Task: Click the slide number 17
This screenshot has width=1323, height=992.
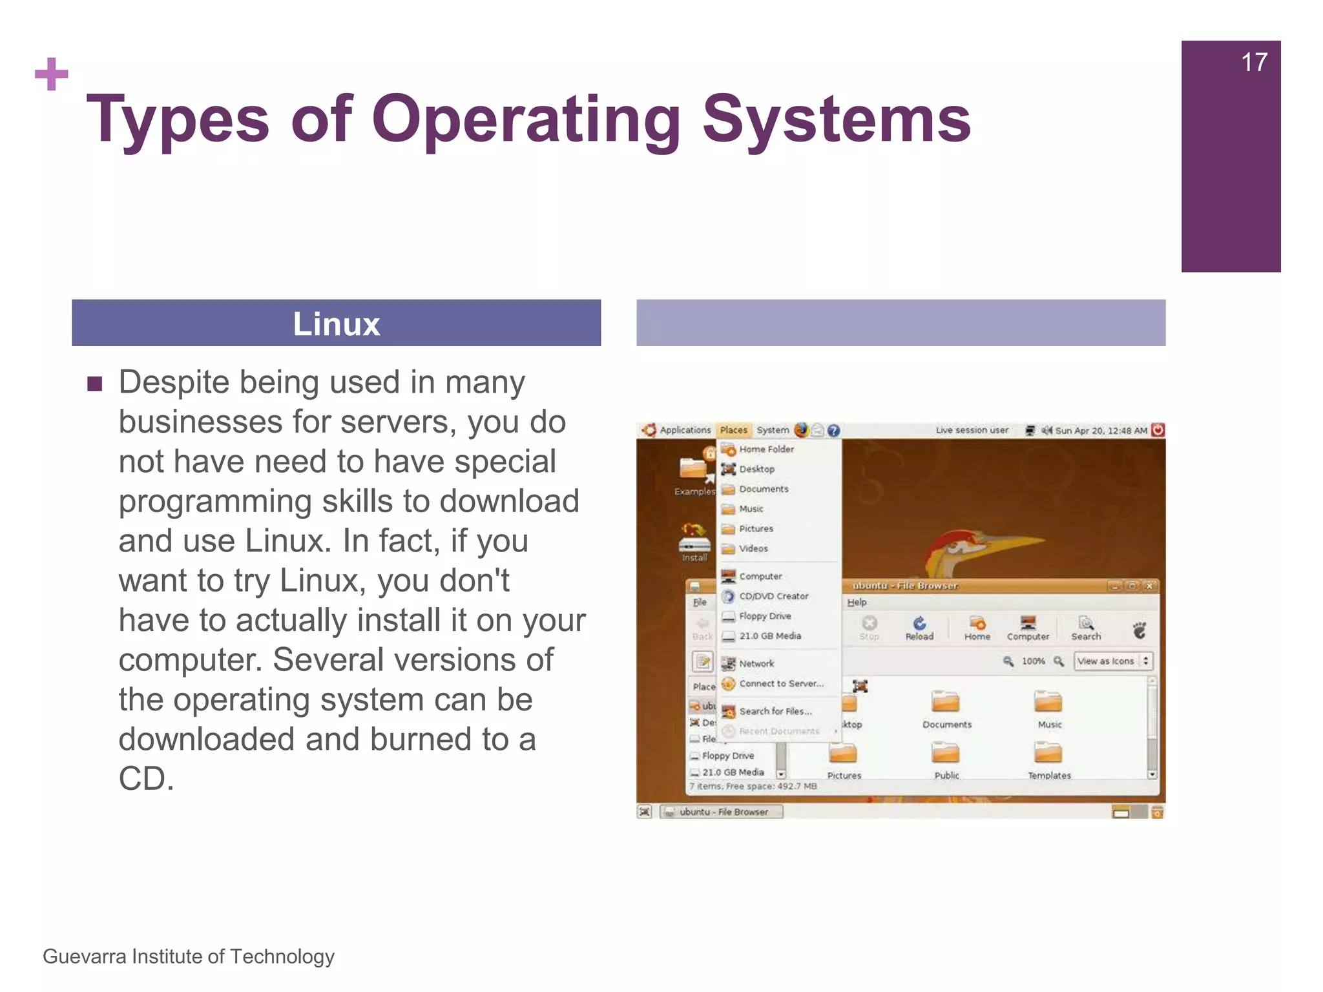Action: coord(1254,63)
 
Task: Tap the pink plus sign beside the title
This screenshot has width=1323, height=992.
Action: coord(52,74)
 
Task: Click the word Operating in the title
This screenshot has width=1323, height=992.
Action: coord(526,119)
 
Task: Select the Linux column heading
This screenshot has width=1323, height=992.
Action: coord(336,324)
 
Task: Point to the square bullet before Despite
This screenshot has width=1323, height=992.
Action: coord(95,384)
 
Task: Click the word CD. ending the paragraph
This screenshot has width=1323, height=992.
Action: coord(147,779)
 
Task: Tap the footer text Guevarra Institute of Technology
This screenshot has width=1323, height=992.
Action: coord(189,956)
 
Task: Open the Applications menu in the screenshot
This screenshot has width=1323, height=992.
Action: coord(684,430)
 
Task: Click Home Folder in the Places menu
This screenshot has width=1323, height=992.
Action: coord(766,449)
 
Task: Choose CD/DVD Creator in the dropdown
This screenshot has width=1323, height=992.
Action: coord(773,596)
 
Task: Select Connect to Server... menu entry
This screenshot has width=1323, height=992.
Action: coord(781,683)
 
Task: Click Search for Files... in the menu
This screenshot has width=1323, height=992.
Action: coord(775,711)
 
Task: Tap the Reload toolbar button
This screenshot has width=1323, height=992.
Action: coord(919,627)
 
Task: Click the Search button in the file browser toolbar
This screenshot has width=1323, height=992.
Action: coord(1086,627)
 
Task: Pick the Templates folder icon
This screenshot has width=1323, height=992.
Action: coord(1048,754)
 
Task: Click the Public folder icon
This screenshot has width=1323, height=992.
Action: coord(946,754)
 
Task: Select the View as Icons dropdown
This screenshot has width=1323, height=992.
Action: coord(1112,661)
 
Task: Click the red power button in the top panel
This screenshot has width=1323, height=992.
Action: coord(1158,430)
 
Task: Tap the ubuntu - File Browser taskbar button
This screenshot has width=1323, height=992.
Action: coord(722,812)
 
